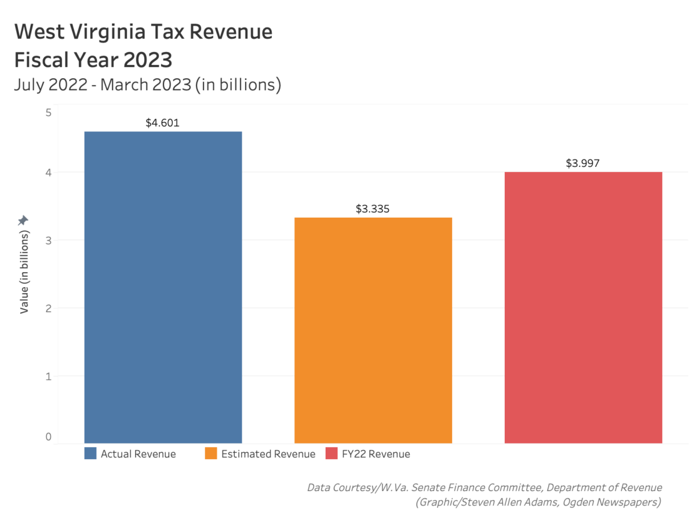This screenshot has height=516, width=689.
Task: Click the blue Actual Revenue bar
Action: pyautogui.click(x=163, y=288)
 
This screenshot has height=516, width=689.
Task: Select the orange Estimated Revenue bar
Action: pyautogui.click(x=373, y=330)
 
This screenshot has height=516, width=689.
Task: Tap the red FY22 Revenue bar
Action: pyautogui.click(x=583, y=308)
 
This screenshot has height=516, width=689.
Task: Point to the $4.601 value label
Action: pyautogui.click(x=163, y=123)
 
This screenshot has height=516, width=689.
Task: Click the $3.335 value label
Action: pyautogui.click(x=373, y=209)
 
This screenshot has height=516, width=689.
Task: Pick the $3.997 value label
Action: pyautogui.click(x=583, y=163)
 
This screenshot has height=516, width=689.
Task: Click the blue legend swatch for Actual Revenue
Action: pyautogui.click(x=91, y=453)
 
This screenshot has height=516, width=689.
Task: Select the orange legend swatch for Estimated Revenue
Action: pyautogui.click(x=211, y=453)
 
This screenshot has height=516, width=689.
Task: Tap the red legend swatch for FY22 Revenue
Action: pyautogui.click(x=331, y=453)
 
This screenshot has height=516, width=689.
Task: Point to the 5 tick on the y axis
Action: pyautogui.click(x=48, y=113)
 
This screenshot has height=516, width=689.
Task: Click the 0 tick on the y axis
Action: pyautogui.click(x=48, y=437)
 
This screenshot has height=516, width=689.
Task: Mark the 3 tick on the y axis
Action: pyautogui.click(x=48, y=240)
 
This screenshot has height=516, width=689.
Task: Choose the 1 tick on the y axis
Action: pyautogui.click(x=48, y=377)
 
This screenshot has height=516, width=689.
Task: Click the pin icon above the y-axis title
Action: pyautogui.click(x=23, y=220)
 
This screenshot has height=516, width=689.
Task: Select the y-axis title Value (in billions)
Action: pyautogui.click(x=24, y=273)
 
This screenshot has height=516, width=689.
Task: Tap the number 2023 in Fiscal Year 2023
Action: pyautogui.click(x=148, y=60)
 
